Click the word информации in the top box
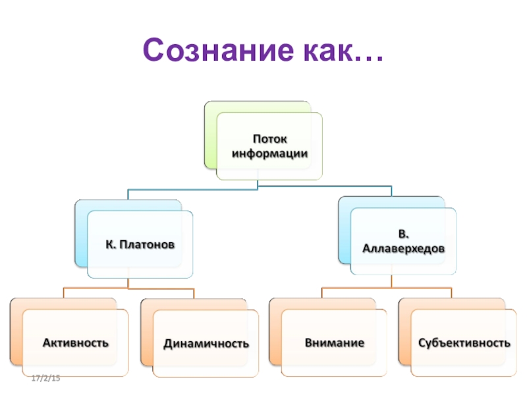[270, 152]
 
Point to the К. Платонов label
[140, 245]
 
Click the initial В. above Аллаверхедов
[403, 235]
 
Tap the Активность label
[76, 343]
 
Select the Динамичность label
[206, 343]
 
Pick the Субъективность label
[464, 343]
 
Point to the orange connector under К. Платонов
[128, 288]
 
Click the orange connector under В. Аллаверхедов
[389, 287]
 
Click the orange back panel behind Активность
[16, 330]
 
